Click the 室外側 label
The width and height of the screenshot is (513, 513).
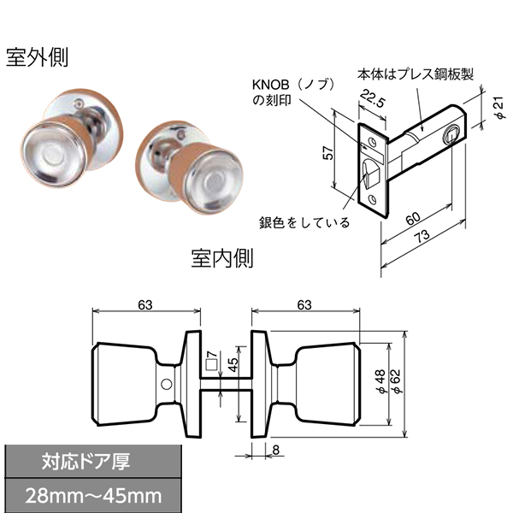[37, 57]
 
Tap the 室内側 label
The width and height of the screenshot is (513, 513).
[222, 258]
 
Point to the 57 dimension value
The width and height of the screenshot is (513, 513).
[328, 153]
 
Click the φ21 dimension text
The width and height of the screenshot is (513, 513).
[499, 108]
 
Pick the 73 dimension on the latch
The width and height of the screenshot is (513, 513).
[422, 236]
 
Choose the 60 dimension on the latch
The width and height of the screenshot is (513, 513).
[413, 219]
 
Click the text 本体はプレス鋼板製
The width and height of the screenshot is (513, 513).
[416, 74]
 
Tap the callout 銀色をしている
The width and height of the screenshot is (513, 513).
[304, 223]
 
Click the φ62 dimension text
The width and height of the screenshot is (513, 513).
[396, 381]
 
